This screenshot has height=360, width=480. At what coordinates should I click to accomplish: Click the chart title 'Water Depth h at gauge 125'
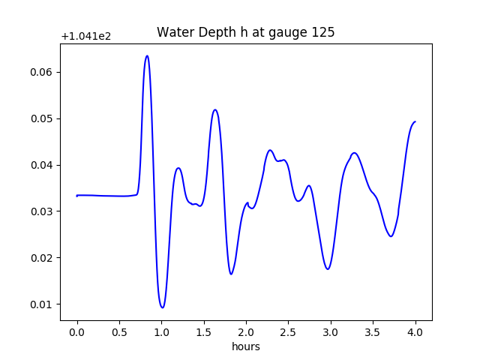pyautogui.click(x=245, y=32)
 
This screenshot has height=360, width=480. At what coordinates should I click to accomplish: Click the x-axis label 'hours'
pyautogui.click(x=246, y=346)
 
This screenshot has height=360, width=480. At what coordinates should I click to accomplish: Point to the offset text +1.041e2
pyautogui.click(x=86, y=36)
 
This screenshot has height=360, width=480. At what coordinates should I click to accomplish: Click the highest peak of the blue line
pyautogui.click(x=147, y=55)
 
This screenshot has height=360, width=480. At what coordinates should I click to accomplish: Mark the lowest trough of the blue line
pyautogui.click(x=162, y=307)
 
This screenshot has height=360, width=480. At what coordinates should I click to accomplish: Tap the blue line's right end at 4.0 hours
pyautogui.click(x=415, y=121)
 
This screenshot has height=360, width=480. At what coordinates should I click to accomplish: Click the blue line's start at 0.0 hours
pyautogui.click(x=77, y=196)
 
